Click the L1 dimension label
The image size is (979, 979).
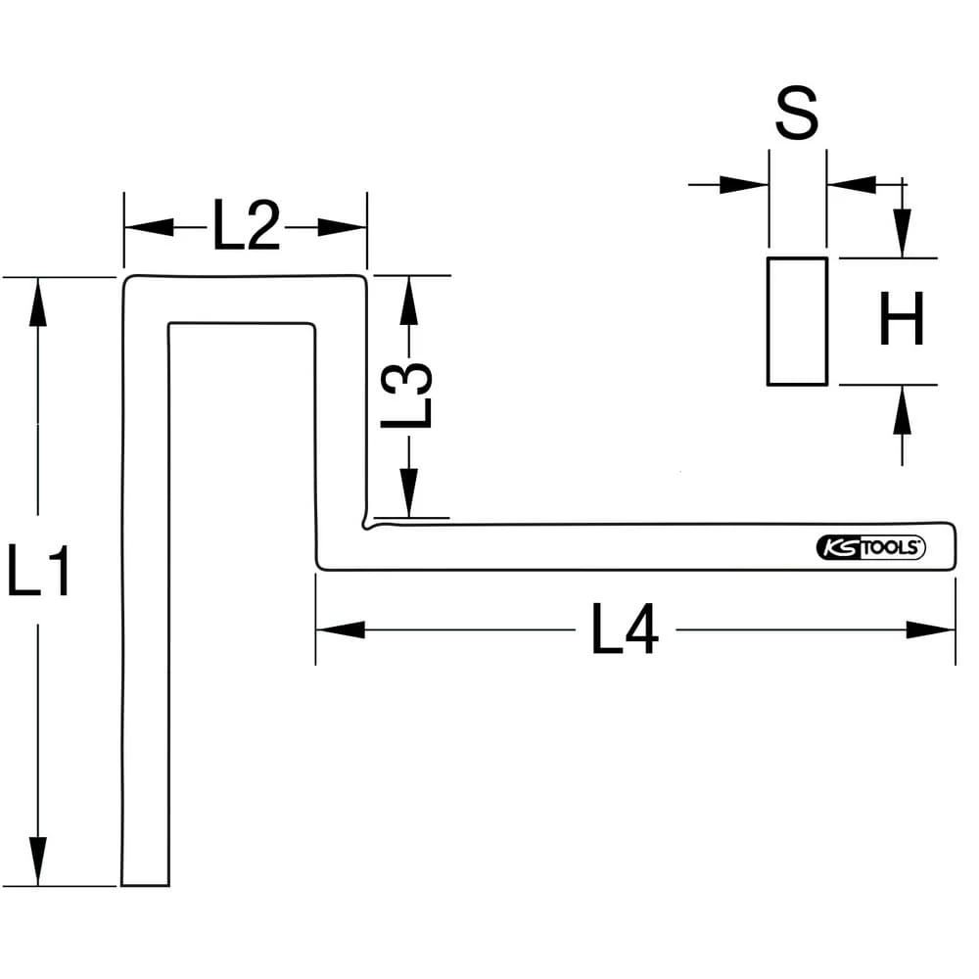click(39, 571)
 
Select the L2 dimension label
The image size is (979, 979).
click(246, 228)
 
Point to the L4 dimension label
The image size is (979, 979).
click(626, 629)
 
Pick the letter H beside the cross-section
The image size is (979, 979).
click(901, 322)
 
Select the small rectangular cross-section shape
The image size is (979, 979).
click(797, 321)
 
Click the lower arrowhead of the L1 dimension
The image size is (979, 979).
click(38, 862)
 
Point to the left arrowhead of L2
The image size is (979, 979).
click(147, 228)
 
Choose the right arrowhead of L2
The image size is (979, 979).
click(344, 228)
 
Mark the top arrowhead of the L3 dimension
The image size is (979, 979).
click(409, 299)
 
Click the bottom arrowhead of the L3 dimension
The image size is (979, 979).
click(409, 493)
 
